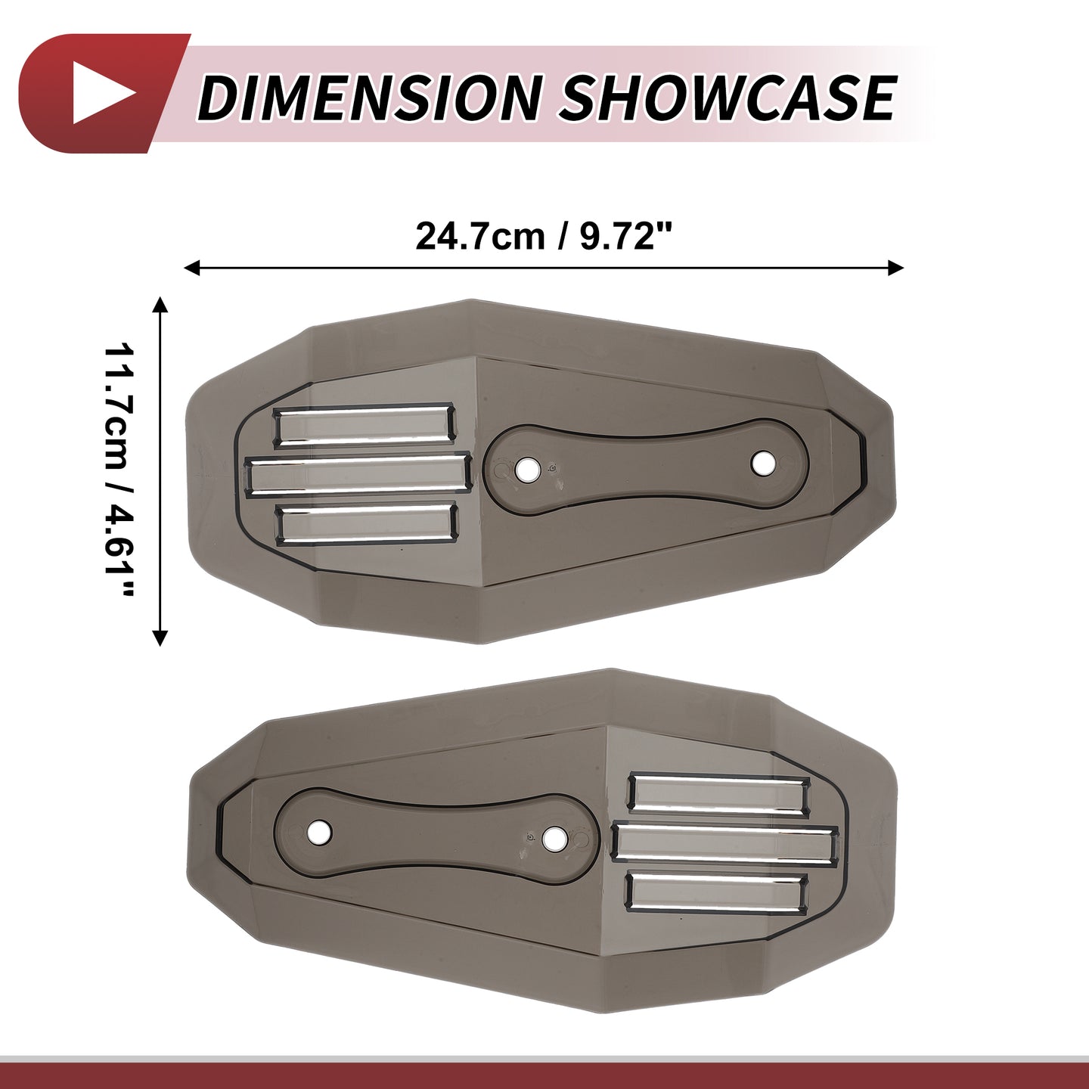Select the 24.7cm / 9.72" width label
coord(543,236)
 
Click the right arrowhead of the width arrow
coord(895,267)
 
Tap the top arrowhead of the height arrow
coord(161,305)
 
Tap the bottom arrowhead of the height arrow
coord(161,638)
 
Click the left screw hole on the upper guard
coord(527,469)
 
